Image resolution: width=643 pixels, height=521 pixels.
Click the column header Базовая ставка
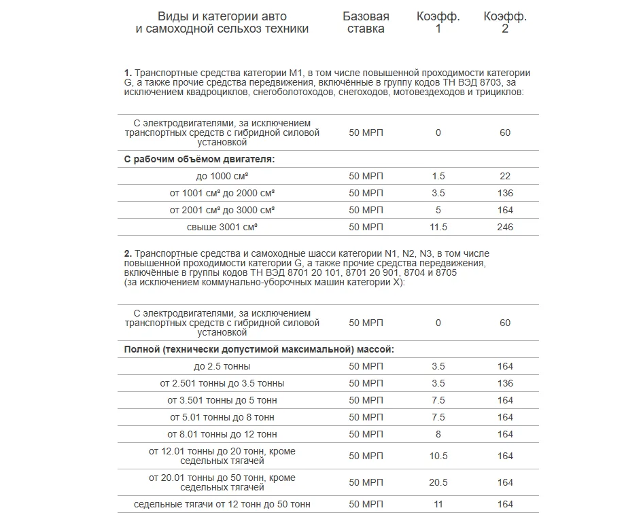366,22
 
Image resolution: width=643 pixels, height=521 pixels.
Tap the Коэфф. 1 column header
438,22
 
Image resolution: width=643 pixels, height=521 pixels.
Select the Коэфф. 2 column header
505,22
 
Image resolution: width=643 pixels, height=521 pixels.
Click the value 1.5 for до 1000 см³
438,176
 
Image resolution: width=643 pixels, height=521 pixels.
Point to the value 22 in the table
505,176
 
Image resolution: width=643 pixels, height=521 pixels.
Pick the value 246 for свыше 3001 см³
505,227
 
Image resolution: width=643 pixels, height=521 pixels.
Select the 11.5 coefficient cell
438,227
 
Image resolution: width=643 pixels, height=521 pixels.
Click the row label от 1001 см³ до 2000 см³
222,193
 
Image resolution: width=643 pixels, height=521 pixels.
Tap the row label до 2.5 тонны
222,367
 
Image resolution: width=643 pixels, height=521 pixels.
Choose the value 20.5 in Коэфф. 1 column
438,482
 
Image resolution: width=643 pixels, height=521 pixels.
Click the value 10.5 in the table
438,456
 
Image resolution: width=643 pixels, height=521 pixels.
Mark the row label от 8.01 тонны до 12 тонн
222,434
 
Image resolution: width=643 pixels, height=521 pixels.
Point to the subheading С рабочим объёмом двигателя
199,159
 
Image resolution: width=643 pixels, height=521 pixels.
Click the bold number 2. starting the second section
128,254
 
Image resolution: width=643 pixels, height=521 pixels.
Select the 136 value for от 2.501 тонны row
505,383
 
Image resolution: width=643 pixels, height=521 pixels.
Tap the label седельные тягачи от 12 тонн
222,505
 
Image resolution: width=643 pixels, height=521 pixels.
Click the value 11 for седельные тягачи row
438,505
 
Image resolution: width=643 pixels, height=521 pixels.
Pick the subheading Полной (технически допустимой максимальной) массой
259,350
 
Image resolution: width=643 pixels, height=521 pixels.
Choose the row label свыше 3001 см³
222,227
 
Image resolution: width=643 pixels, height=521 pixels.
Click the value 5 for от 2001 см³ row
438,210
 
